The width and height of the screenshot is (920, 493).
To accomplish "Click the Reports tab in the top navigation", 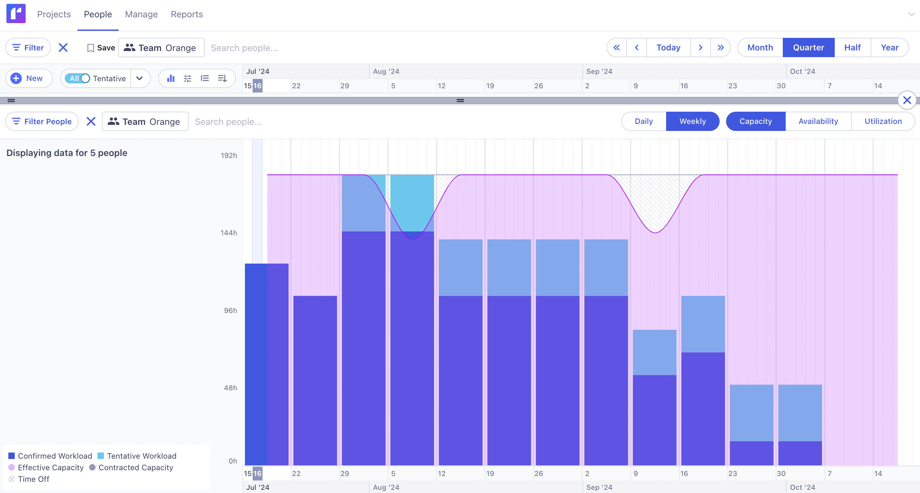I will point(187,14).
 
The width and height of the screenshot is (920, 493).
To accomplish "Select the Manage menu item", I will point(141,14).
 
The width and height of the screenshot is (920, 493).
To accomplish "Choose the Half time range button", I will point(852,48).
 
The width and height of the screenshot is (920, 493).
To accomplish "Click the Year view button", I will point(889,48).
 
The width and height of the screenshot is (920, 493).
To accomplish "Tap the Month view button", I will point(760,48).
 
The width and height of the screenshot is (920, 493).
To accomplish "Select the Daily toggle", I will point(644,121).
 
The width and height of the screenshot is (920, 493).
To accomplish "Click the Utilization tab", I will point(883,121).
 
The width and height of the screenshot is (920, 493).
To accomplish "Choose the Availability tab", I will point(818,121).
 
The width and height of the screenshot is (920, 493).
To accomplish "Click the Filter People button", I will point(42,122).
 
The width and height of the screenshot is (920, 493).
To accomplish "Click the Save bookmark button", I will point(101,48).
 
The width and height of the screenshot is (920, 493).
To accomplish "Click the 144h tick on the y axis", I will point(229,233).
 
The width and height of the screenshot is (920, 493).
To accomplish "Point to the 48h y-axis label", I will point(230,388).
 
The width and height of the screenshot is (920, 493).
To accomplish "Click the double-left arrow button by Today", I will point(616,48).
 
